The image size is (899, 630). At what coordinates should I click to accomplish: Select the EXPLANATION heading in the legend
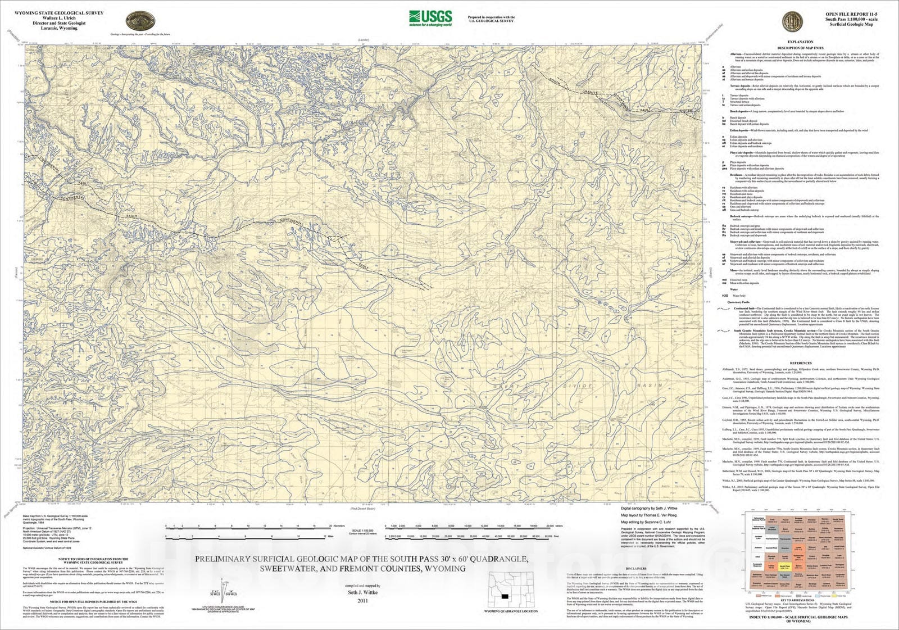tap(800, 42)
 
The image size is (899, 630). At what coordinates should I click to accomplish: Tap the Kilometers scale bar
tap(247, 527)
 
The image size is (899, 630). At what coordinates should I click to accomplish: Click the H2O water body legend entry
tap(725, 296)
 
